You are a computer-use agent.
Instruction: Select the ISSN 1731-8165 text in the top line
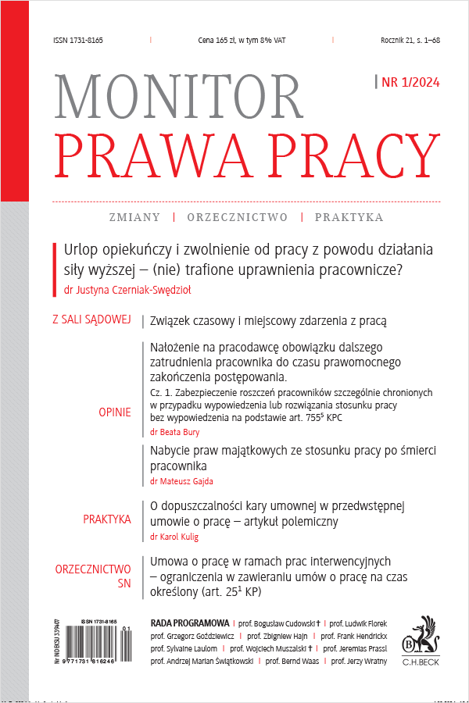click(78, 40)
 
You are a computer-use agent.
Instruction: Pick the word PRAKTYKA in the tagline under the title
click(349, 217)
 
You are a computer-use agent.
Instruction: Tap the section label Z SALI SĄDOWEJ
click(91, 320)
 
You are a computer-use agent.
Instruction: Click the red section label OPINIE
click(115, 412)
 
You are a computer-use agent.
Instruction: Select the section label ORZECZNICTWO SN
click(92, 576)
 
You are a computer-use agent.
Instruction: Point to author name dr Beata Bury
click(173, 431)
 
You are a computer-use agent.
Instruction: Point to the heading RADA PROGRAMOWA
click(188, 624)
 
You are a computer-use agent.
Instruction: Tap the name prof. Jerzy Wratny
click(361, 661)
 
